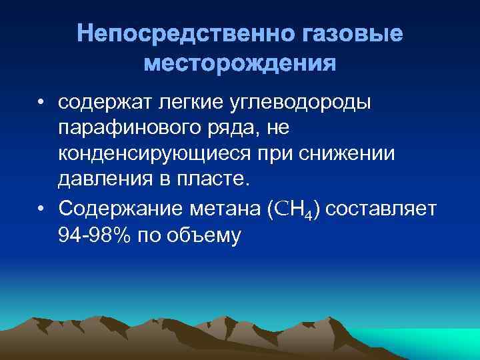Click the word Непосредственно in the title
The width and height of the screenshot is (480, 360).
pos(170,35)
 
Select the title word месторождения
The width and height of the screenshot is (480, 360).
pos(240,65)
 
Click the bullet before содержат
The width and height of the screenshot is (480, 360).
pos(41,103)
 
